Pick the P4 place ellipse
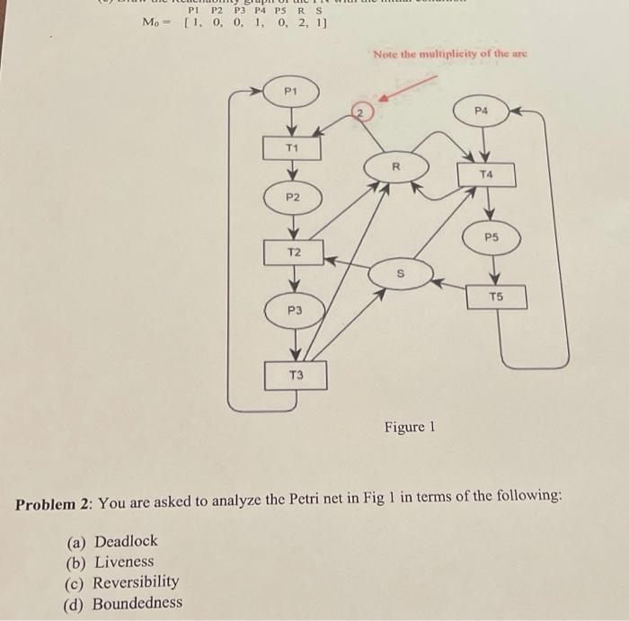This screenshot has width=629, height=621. point(483,111)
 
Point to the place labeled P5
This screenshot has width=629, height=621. point(491,238)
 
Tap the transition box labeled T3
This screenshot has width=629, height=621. point(296,376)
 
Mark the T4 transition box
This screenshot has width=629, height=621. point(487,173)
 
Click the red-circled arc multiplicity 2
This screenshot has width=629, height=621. point(359,111)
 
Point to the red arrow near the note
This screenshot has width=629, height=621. point(409,87)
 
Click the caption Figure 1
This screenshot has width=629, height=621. point(409,427)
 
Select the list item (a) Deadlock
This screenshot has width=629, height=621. point(112,541)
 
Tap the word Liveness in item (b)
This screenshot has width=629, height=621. point(124,562)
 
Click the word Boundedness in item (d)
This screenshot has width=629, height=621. point(137,603)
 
